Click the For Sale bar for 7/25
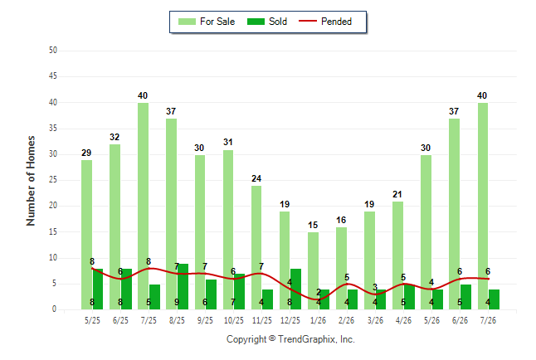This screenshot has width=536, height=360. pos(143,207)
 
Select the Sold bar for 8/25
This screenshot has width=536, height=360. pos(183,286)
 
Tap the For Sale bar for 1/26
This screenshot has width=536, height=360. pos(313,270)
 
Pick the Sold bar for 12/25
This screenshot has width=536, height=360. pos(295,289)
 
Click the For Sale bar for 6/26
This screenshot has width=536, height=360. pos(454,214)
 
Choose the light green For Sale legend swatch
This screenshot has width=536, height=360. pos(187,22)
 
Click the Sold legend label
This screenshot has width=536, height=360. pos(278,22)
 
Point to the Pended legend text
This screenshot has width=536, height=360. pos(336,22)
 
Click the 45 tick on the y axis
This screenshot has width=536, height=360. pos(53,76)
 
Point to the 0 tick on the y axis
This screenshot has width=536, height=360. pos(55,309)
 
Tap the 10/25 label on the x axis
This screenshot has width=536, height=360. pos(234,320)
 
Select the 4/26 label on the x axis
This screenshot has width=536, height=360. pos(403,320)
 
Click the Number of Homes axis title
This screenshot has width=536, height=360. pos(31,181)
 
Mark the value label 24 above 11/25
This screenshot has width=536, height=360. pos(256,178)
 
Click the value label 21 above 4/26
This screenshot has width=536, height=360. pos(397,194)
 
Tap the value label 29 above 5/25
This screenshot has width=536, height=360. pos(86,153)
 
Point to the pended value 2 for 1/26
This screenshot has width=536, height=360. pos(319,292)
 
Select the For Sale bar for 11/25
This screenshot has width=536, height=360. pos(256,248)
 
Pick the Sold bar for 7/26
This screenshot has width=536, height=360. pos(494,299)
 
